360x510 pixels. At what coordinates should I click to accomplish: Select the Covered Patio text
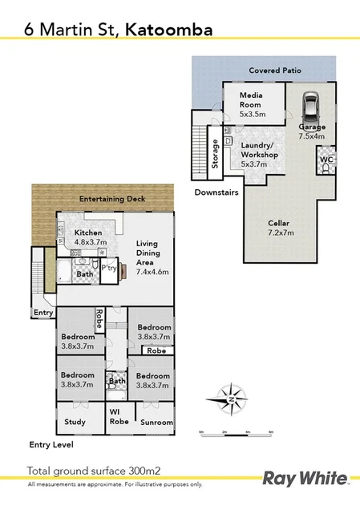point(274,71)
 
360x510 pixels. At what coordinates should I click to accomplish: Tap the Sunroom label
point(156,422)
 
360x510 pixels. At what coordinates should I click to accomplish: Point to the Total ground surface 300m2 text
point(94,471)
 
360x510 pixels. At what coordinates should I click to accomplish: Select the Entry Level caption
point(50,443)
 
